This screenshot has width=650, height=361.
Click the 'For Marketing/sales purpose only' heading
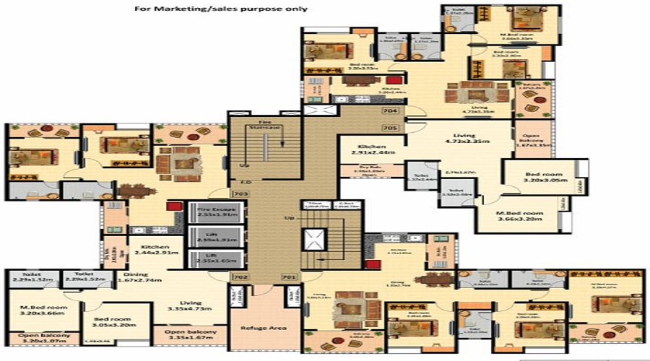coord(221,9)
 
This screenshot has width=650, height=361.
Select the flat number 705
coord(391,128)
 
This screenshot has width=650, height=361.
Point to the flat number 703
coord(240,193)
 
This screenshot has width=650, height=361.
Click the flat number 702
coord(240,277)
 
